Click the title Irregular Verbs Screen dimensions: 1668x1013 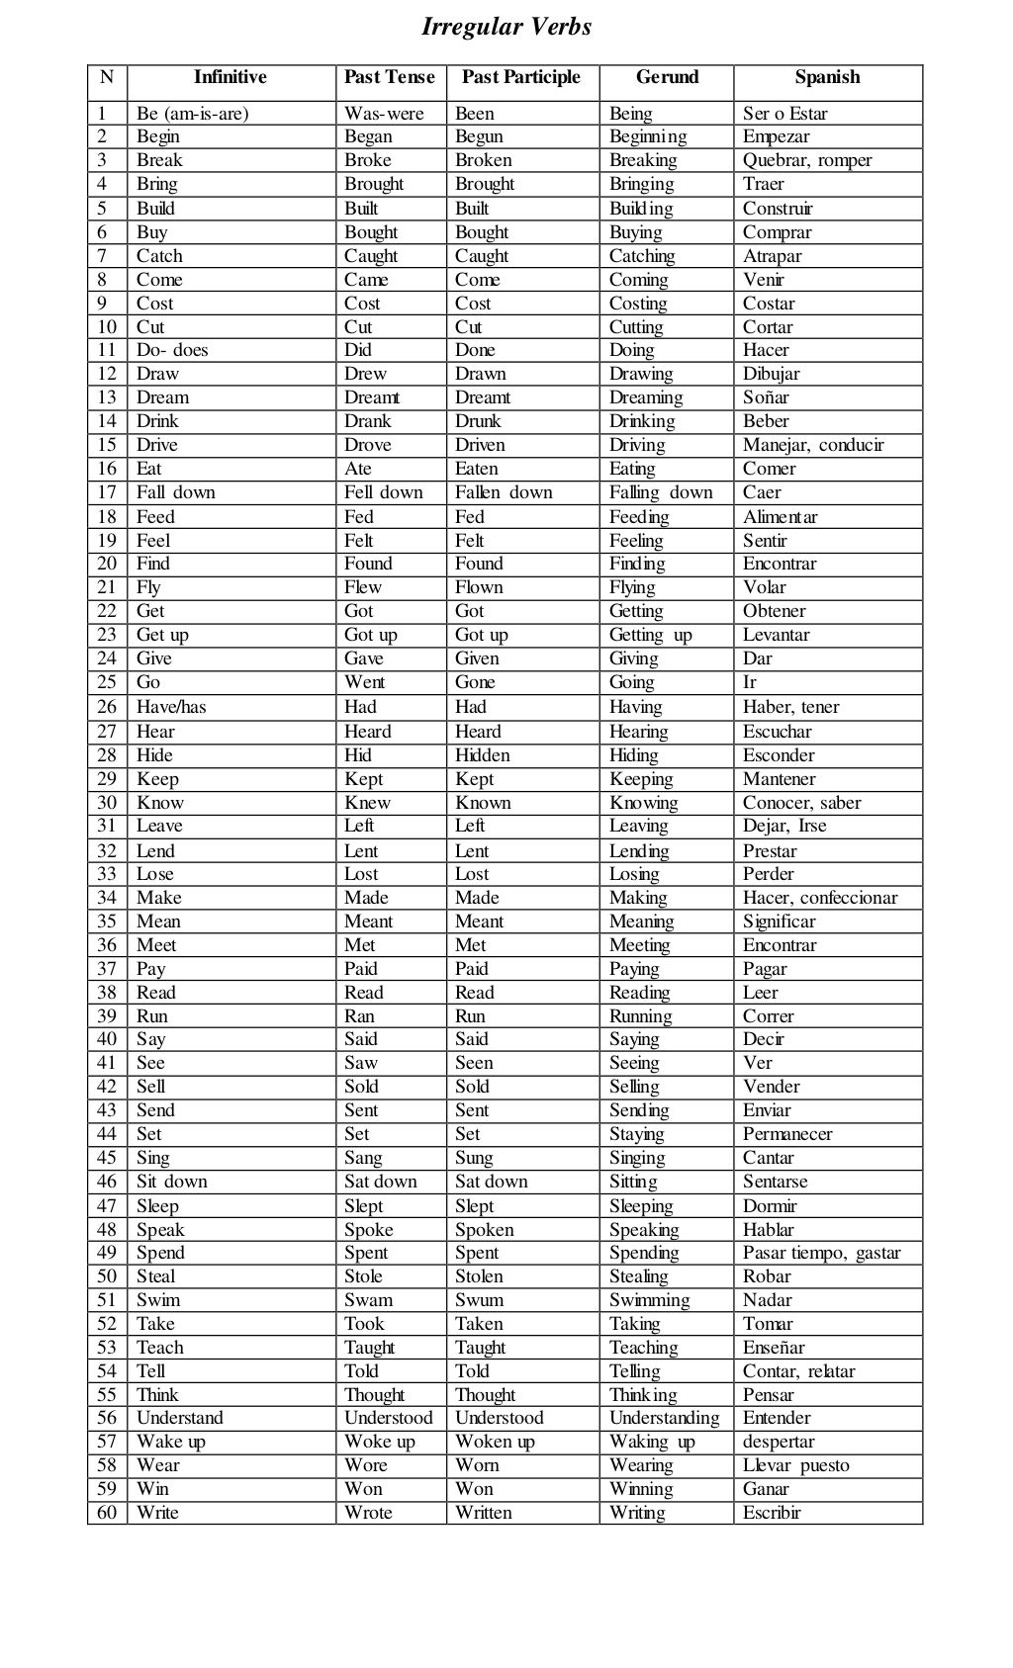tap(506, 27)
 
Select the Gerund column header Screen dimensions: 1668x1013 tap(667, 77)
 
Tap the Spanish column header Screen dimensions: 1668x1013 tap(827, 77)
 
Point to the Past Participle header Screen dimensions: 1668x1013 tap(521, 77)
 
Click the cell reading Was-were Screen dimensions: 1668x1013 tap(384, 114)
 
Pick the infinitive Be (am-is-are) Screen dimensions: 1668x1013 tap(193, 114)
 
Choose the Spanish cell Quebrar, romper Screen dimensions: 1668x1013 tap(807, 160)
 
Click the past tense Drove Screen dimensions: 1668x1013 tap(368, 445)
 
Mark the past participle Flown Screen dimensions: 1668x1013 tap(479, 587)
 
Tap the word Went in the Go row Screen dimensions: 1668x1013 tap(365, 682)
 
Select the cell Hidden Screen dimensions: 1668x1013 tap(483, 755)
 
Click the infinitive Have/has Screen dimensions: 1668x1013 tap(171, 707)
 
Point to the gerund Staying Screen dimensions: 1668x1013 tap(637, 1134)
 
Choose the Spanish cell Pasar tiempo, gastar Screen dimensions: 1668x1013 tap(822, 1253)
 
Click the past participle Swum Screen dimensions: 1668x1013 tap(479, 1300)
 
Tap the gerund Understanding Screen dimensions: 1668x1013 tap(665, 1418)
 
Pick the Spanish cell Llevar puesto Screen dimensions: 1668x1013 tap(796, 1465)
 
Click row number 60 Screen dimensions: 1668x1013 tap(107, 1513)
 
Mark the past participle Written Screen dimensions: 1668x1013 tap(484, 1513)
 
